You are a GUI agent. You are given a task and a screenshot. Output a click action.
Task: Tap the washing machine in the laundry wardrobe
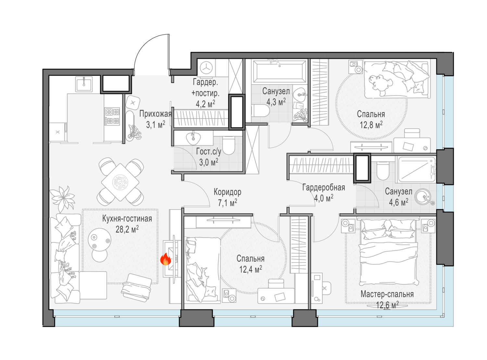206,68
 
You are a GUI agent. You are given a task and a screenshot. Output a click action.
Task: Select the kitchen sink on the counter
84,84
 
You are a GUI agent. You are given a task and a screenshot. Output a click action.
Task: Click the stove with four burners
112,116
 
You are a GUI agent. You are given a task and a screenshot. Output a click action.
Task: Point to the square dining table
120,182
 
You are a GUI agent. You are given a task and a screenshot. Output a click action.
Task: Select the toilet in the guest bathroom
229,145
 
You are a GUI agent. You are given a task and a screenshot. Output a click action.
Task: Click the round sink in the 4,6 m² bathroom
423,197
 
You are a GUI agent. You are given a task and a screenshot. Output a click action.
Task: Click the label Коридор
228,192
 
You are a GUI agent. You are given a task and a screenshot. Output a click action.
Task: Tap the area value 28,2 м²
127,230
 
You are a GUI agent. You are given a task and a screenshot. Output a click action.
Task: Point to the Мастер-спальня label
387,294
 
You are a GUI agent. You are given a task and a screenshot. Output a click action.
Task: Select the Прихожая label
156,114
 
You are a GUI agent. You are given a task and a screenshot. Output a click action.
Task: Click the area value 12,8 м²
371,125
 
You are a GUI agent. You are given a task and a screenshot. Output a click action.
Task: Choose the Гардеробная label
324,187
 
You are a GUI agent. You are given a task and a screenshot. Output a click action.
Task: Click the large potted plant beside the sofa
63,198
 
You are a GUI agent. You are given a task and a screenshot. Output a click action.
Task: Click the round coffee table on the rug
99,240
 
